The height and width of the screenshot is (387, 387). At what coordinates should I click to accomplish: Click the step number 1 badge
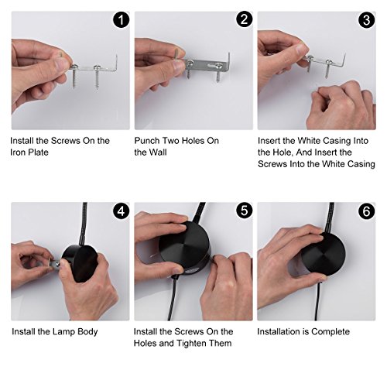coord(121,20)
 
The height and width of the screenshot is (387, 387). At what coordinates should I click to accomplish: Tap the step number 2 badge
coord(244,19)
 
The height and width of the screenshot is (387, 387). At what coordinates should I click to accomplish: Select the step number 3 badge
coord(367,20)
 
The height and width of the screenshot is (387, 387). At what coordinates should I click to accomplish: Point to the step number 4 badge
coord(121,211)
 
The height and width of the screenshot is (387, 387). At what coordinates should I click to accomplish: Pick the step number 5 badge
coord(244,211)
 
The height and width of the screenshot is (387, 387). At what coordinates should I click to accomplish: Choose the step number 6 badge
coord(367,211)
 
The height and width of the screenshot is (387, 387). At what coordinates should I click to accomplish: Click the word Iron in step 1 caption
coord(18,152)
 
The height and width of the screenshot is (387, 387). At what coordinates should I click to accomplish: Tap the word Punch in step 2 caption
coord(147,141)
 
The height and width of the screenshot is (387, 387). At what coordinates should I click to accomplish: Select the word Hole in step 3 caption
coord(284,152)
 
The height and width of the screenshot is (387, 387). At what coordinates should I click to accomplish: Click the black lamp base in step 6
coord(324,255)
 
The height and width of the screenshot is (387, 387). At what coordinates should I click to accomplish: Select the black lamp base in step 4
coord(80,263)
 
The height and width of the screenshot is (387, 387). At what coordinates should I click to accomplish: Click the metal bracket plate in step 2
coord(207,65)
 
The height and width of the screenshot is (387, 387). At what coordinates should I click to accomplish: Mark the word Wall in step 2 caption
coord(157,152)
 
